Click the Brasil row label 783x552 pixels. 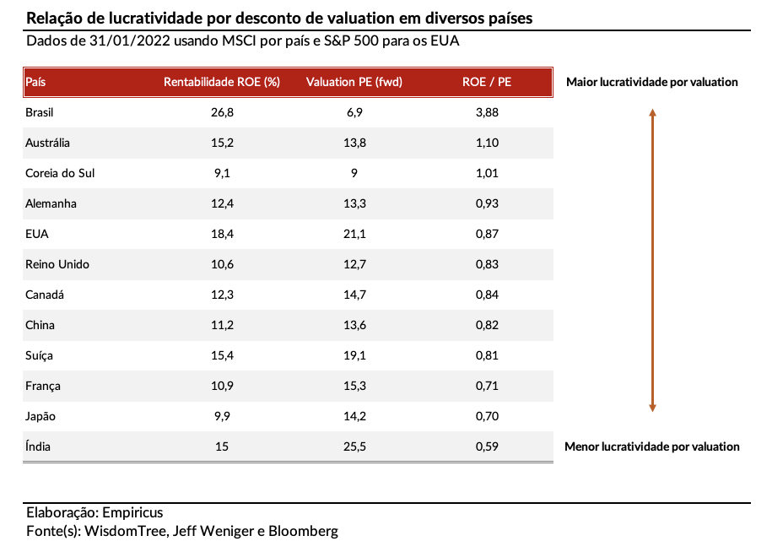[39, 112]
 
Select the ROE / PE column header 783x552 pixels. [486, 82]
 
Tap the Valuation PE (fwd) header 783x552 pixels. [354, 82]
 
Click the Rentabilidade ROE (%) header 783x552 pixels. [222, 82]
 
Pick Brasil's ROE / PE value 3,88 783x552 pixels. [487, 112]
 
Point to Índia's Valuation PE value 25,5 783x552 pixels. [354, 446]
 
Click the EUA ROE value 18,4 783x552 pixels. [222, 234]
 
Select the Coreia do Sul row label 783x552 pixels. [60, 173]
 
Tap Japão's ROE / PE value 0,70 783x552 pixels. [487, 416]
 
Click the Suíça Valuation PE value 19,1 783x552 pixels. [354, 355]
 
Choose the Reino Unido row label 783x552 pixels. [57, 264]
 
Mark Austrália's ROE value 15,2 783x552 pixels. [222, 143]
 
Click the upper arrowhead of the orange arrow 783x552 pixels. [652, 112]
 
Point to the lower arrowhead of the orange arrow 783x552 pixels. [652, 409]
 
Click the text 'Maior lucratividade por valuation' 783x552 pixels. [651, 82]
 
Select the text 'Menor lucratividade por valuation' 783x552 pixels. [651, 446]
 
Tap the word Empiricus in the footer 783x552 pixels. [132, 512]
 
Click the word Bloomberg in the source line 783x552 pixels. [303, 531]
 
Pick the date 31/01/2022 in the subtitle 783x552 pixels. [130, 41]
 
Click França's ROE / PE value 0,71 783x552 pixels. [487, 386]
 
